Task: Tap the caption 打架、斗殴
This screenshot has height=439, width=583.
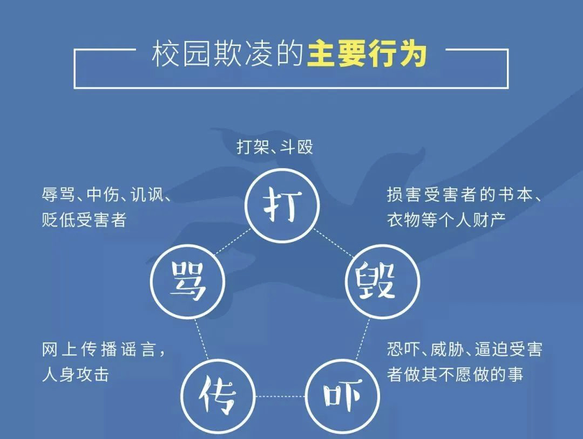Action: [275, 147]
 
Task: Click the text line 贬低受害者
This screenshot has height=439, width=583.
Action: [84, 220]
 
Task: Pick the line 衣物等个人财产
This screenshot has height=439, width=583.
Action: [446, 220]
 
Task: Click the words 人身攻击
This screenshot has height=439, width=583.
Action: [76, 374]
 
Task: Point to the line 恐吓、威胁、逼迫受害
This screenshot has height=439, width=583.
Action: [464, 349]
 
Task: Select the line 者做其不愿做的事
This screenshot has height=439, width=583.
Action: [455, 374]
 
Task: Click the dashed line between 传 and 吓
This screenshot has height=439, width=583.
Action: [280, 396]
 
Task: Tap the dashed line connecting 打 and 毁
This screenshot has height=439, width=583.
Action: [334, 243]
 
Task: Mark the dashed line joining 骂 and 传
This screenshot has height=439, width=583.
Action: [201, 339]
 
